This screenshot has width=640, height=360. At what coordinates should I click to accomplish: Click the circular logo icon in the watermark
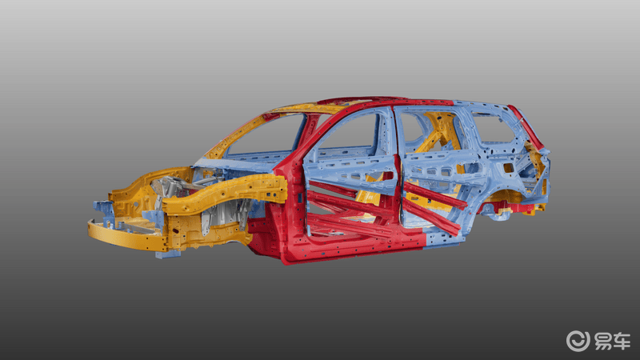578,341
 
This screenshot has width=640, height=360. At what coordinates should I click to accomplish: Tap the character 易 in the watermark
603,342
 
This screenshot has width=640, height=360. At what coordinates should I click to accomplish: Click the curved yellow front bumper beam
126,236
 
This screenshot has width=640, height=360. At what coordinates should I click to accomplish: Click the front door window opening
347,134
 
